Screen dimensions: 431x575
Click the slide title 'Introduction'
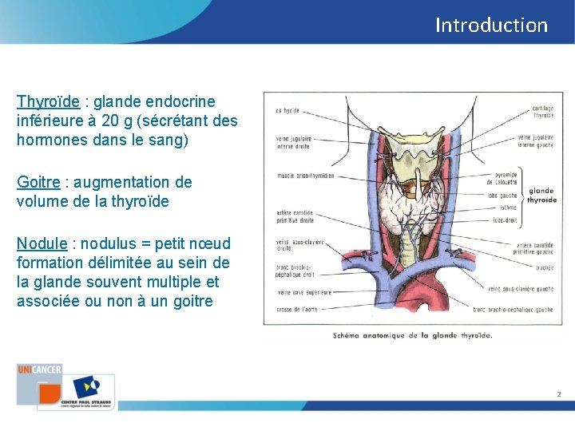point(491,25)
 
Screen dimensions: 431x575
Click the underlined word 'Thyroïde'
point(48,101)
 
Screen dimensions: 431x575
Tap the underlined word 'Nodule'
point(41,243)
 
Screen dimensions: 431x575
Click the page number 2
point(559,394)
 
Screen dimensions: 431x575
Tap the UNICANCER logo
point(39,370)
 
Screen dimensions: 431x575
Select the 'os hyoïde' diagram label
point(287,110)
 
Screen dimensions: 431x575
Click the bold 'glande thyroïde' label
point(541,196)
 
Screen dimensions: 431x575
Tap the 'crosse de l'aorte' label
point(297,309)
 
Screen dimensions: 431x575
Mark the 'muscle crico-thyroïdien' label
point(305,176)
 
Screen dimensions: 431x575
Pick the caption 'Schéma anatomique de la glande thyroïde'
point(412,335)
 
